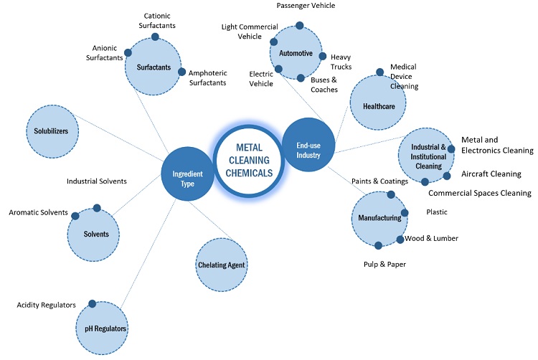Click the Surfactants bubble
(x=153, y=68)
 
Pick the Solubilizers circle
(x=51, y=131)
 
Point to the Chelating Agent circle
(x=222, y=264)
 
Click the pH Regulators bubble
(x=101, y=327)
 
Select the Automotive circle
(x=296, y=53)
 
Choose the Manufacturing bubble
(x=380, y=217)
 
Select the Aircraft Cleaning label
(x=491, y=174)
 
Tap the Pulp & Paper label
(x=384, y=265)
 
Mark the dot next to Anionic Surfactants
(x=128, y=52)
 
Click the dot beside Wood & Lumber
(x=400, y=239)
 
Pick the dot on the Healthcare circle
(x=379, y=72)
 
